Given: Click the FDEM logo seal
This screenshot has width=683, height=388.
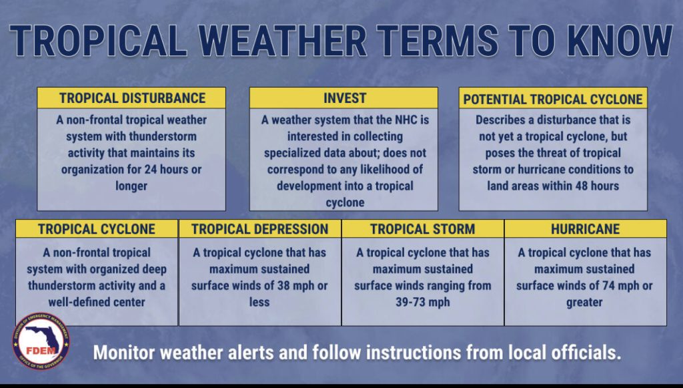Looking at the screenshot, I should tap(41, 341).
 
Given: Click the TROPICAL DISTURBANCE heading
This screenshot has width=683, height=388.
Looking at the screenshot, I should tap(132, 98).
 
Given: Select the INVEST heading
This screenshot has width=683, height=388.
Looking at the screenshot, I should tap(344, 98).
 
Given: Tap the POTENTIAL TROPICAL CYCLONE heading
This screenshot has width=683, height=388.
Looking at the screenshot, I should tap(553, 100).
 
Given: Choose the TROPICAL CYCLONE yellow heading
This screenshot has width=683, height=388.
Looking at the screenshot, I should tap(97, 229).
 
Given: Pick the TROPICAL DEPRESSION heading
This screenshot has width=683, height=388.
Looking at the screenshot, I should tap(259, 229).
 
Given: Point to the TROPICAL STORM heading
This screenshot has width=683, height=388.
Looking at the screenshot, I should tap(422, 229).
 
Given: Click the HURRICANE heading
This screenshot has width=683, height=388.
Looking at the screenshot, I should tap(586, 229).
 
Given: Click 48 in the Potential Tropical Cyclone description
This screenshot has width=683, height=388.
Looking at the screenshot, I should tap(584, 186).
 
